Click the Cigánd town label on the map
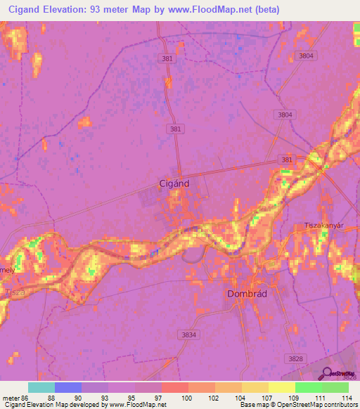172,184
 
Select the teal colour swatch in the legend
41,387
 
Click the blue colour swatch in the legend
68,387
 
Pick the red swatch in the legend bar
175,387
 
